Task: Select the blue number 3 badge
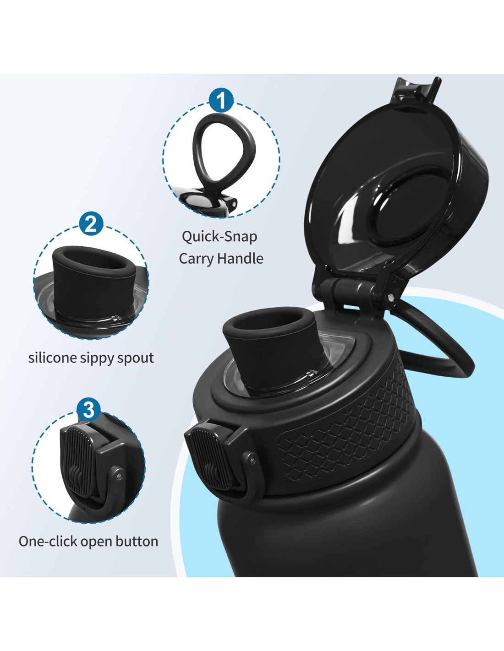coord(88,410)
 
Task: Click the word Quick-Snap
coord(219,237)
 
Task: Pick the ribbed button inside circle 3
coord(77,461)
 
